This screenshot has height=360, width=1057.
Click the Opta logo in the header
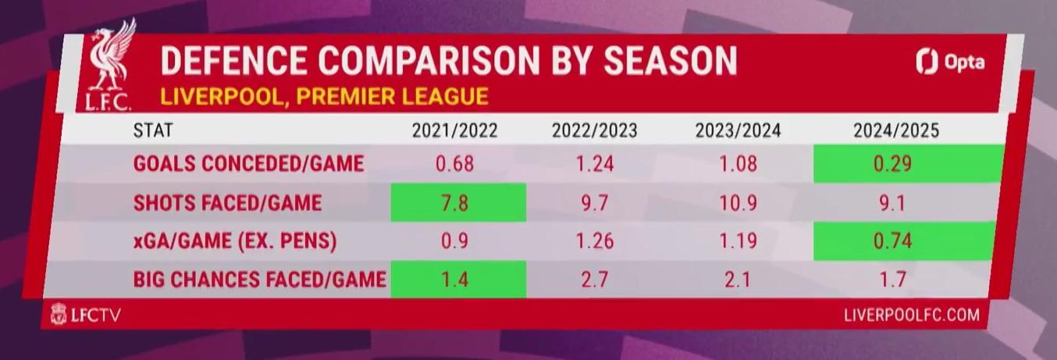tap(950, 62)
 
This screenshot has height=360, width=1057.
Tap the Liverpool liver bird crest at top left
tap(108, 65)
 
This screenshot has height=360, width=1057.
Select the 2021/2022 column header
tap(455, 130)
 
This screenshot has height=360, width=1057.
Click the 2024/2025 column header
tap(896, 130)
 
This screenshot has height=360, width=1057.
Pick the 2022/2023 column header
tap(595, 130)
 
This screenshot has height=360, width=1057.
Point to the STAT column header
tap(153, 130)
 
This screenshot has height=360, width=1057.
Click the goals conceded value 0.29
tap(892, 164)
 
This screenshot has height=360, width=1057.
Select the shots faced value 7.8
tap(455, 203)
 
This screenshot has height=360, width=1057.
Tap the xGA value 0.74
tap(892, 241)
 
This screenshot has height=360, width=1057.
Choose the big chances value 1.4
tap(455, 280)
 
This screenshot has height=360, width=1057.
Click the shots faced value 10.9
tap(738, 203)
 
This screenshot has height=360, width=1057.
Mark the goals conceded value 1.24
tap(595, 164)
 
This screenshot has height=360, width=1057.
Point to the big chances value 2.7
tap(595, 280)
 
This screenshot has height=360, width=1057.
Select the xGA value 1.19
tap(738, 241)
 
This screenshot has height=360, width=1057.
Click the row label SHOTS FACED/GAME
tap(227, 203)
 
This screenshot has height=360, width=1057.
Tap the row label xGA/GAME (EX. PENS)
tap(235, 241)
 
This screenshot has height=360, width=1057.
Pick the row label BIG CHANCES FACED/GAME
tap(259, 280)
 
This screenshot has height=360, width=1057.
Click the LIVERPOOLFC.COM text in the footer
tap(912, 315)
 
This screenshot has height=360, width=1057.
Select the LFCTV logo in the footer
tap(85, 314)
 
